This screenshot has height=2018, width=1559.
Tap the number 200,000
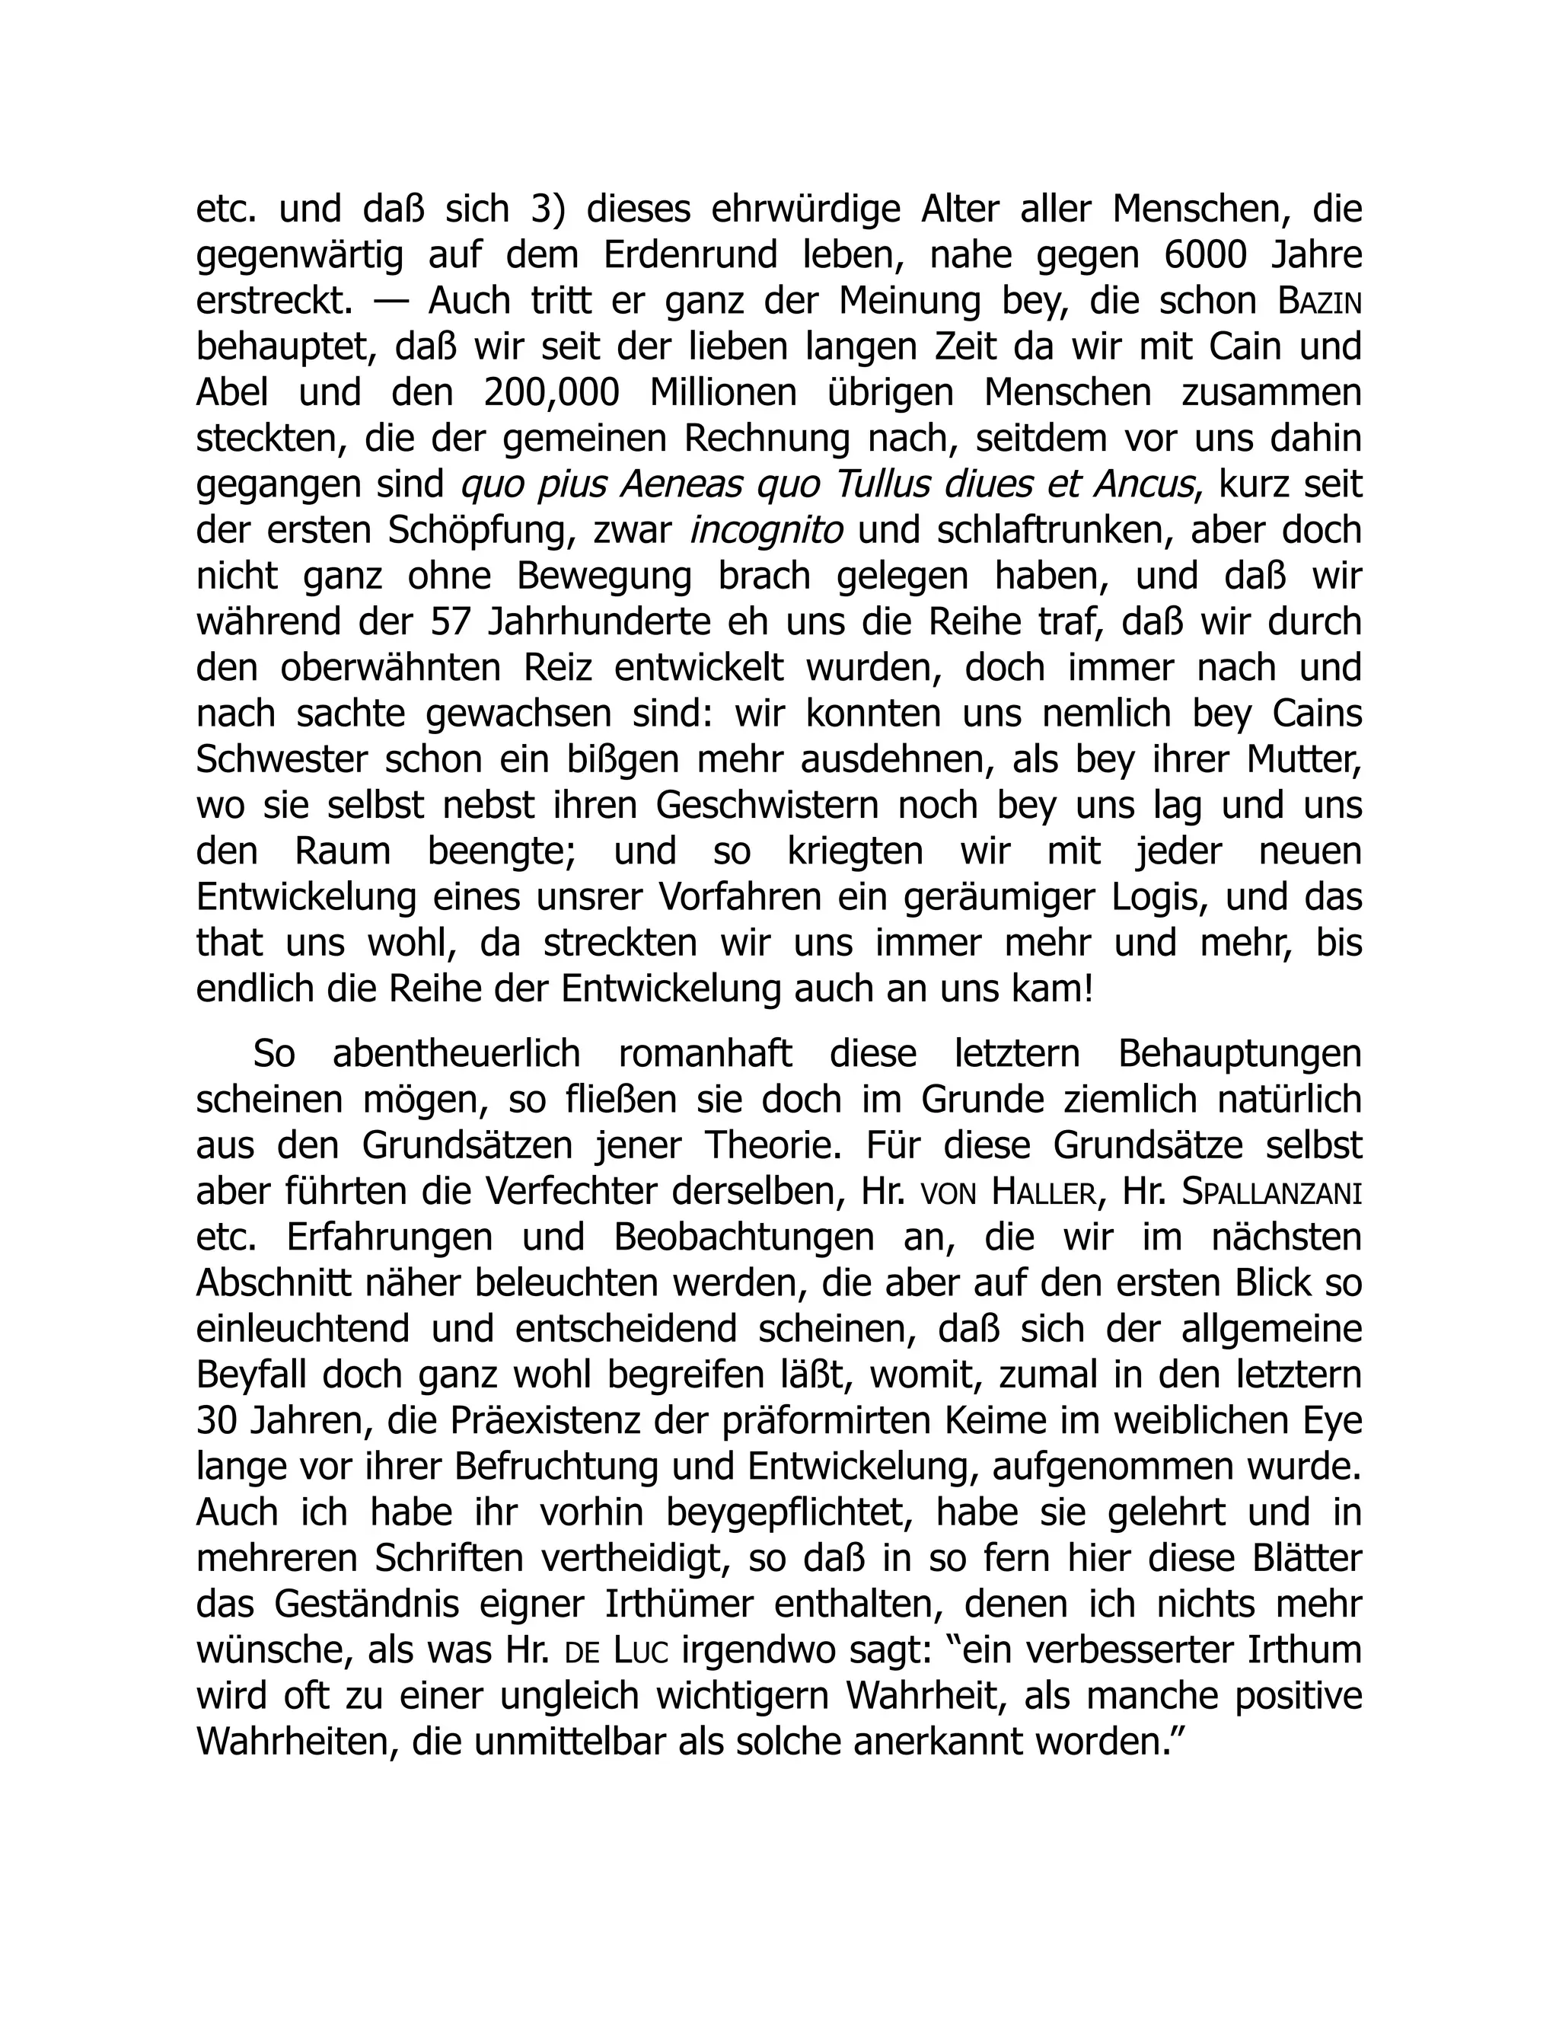point(550,394)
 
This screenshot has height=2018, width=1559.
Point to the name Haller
point(1043,1193)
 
